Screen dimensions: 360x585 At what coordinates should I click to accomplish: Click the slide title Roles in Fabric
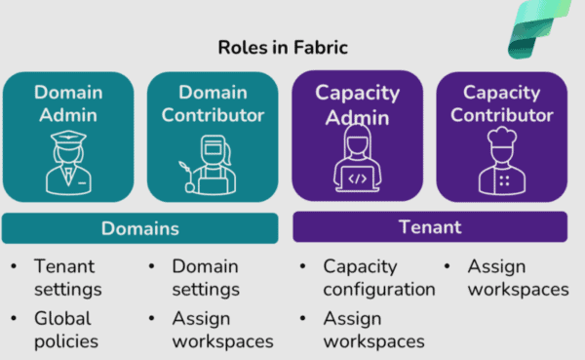pos(284,46)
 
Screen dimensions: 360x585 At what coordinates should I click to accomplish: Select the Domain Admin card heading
pos(67,104)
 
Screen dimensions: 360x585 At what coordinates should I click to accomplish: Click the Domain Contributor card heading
pos(214,104)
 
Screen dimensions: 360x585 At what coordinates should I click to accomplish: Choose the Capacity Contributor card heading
pos(502,104)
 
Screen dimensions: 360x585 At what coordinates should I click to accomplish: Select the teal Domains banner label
pos(140,228)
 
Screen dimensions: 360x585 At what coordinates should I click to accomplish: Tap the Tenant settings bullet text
pos(67,278)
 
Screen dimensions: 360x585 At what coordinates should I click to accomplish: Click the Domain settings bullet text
pos(206,278)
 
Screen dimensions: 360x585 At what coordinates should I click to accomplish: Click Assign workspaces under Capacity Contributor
pos(517,278)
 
